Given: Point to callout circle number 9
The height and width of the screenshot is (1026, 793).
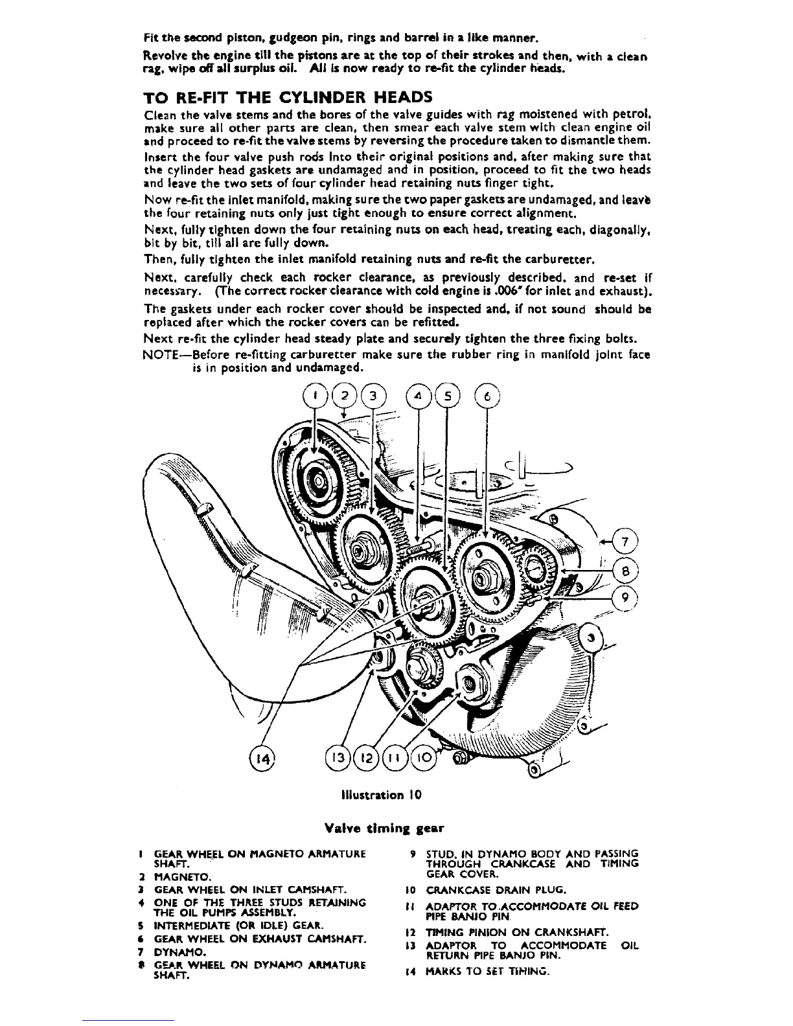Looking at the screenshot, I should (625, 598).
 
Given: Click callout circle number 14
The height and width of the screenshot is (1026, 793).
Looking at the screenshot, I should (262, 756).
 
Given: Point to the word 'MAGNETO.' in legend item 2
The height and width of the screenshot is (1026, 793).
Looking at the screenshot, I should (175, 876).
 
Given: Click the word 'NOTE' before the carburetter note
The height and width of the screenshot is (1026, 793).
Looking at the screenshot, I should (159, 355).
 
